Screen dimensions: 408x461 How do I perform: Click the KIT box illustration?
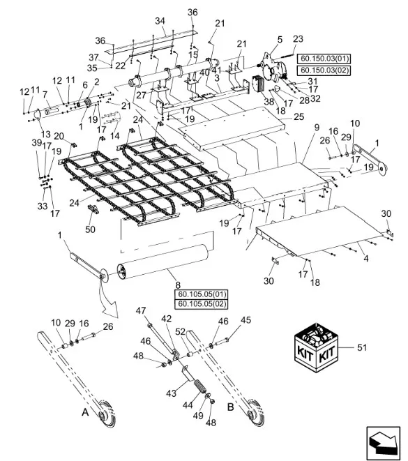click(x=317, y=348)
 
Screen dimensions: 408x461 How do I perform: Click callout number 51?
click(x=362, y=347)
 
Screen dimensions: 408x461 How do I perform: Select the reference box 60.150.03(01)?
click(x=324, y=59)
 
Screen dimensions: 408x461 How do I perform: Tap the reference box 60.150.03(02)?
click(x=324, y=70)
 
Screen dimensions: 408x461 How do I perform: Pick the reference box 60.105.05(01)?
click(x=202, y=294)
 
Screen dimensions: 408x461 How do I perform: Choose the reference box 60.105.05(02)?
click(x=202, y=304)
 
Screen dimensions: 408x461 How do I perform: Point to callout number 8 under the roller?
click(x=178, y=285)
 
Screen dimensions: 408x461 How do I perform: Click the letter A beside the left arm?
click(x=85, y=412)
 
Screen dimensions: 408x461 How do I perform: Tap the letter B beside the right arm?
click(x=231, y=407)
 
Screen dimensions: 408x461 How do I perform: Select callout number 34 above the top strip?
click(x=160, y=21)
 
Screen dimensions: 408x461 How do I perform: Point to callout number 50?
click(x=90, y=229)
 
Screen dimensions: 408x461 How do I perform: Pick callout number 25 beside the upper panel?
click(x=299, y=116)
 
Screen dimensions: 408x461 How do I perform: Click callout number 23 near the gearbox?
click(x=298, y=39)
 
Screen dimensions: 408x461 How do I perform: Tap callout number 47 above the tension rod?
click(x=141, y=310)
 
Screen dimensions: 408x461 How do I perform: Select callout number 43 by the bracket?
click(x=171, y=393)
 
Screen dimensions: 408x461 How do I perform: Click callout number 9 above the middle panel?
click(x=317, y=128)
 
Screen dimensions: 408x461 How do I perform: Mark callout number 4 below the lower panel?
click(x=366, y=259)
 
